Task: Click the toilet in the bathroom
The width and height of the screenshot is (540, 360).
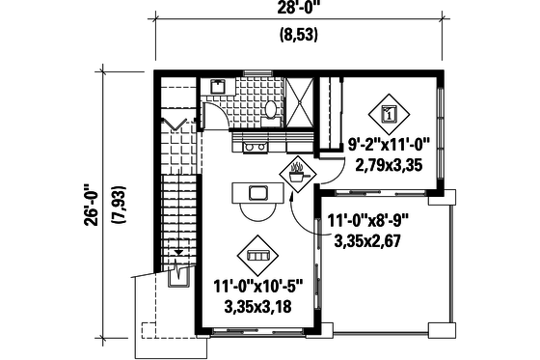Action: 272,108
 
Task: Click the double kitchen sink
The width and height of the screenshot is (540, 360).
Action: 256,147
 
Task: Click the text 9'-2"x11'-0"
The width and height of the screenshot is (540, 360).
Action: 390,147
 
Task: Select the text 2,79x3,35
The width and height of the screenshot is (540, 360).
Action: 390,165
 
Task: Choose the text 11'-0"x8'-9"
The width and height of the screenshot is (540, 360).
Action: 368,219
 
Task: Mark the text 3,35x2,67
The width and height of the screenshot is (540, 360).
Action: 366,238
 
